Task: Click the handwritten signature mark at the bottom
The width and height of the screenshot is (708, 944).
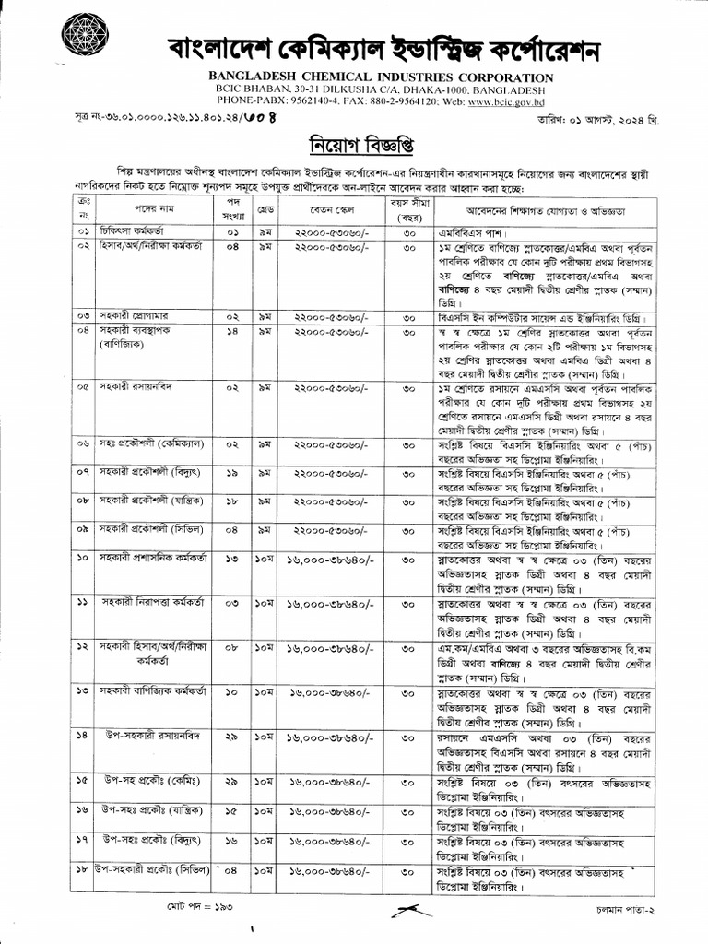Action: pyautogui.click(x=409, y=908)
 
